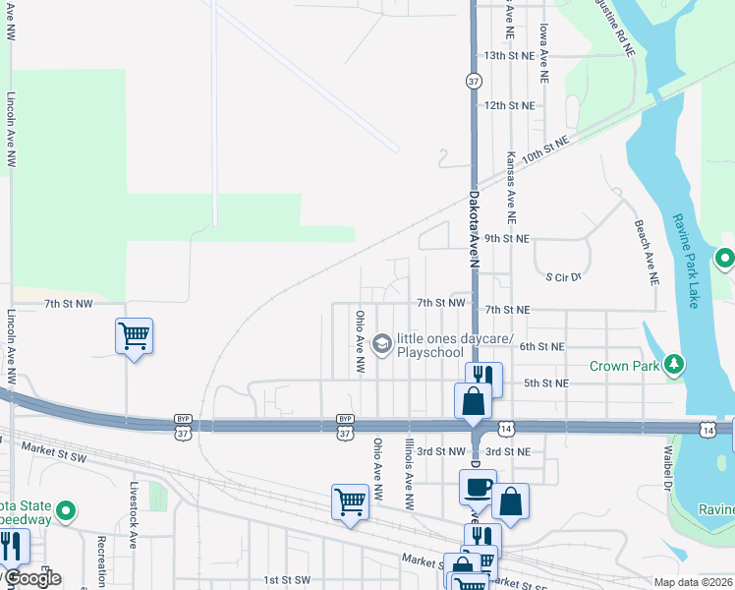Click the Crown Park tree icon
pyautogui.click(x=674, y=366)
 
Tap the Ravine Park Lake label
pyautogui.click(x=686, y=261)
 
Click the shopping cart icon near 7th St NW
pyautogui.click(x=134, y=336)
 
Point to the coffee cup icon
pyautogui.click(x=479, y=486)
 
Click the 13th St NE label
pyautogui.click(x=507, y=56)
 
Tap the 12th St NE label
pyautogui.click(x=507, y=105)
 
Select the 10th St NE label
pyautogui.click(x=546, y=150)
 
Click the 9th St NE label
pyautogui.click(x=507, y=238)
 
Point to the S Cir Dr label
pyautogui.click(x=564, y=277)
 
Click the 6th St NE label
pyautogui.click(x=541, y=346)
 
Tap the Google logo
pyautogui.click(x=31, y=578)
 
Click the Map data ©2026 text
pyautogui.click(x=694, y=582)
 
